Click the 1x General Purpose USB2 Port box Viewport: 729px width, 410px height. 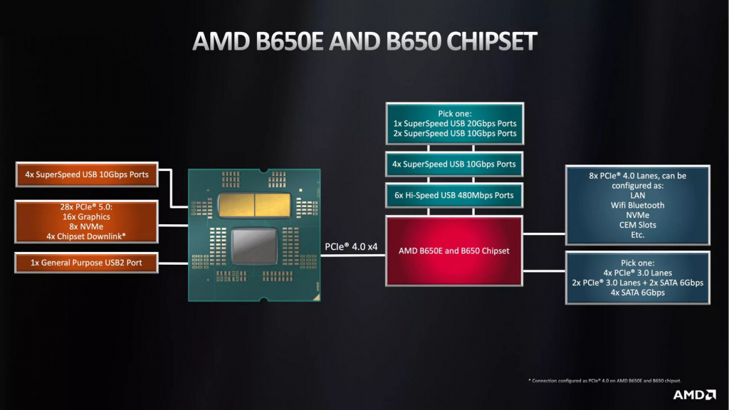tap(87, 263)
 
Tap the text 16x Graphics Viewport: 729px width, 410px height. tap(86, 217)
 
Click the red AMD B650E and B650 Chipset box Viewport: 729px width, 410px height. tap(453, 251)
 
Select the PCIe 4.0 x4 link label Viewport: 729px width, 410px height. tap(352, 247)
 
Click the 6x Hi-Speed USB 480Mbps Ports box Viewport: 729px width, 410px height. tap(453, 195)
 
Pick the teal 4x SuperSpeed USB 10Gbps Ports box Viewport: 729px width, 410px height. tap(453, 164)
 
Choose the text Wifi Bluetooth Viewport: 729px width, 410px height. tap(637, 205)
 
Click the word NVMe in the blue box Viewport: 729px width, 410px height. tap(637, 215)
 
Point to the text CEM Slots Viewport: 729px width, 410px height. tap(637, 225)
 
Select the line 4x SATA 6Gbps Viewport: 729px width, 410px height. tap(637, 293)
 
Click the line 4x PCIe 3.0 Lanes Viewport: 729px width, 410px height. tap(637, 273)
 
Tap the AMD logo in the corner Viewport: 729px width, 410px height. tap(693, 394)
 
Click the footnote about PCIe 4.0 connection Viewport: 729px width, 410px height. tap(604, 381)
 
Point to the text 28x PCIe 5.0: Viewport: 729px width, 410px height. tap(86, 207)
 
